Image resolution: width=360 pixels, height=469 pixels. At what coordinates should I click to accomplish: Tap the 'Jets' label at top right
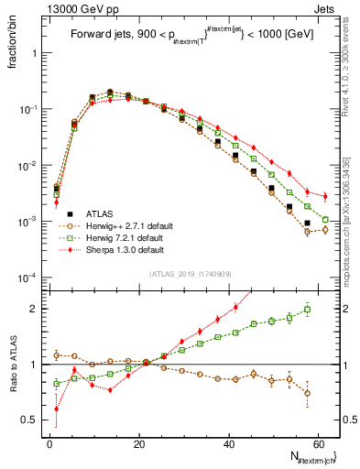[x=327, y=8]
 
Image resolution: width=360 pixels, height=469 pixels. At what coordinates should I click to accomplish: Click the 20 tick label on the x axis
[x=140, y=443]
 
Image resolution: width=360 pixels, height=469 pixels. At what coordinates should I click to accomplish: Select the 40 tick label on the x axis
[x=231, y=443]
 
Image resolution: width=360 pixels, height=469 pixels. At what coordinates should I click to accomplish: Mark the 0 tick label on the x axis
[x=49, y=443]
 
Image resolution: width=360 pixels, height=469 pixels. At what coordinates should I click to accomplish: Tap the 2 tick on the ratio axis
[x=37, y=309]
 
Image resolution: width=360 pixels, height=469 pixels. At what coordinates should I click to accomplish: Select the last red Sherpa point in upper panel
[x=324, y=196]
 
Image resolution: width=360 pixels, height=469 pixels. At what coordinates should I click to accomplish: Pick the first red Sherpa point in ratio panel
[x=56, y=409]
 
